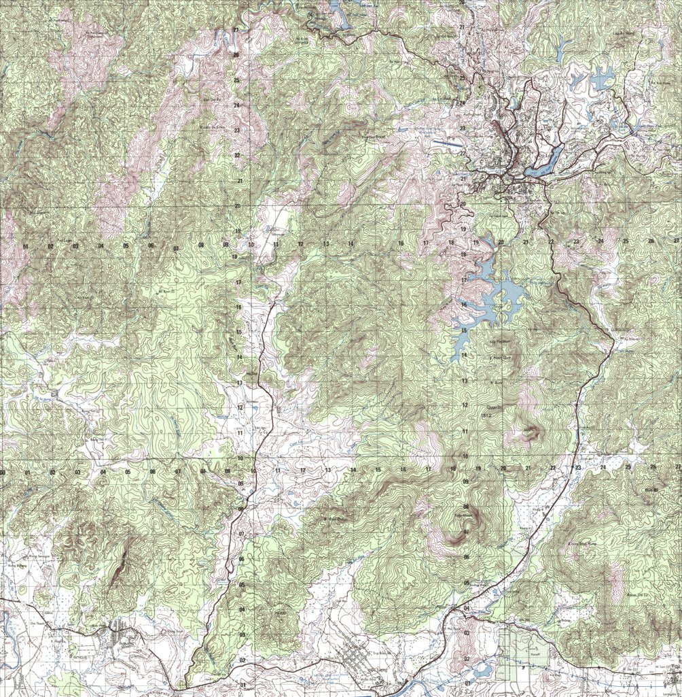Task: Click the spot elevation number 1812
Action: point(486,415)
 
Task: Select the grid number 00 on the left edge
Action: point(3,472)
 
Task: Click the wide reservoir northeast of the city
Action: point(600,79)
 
